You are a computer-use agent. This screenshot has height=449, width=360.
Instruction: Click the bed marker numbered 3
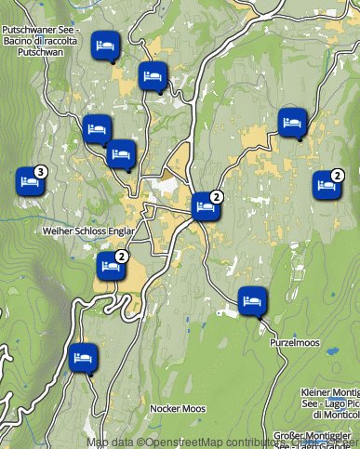[30, 181]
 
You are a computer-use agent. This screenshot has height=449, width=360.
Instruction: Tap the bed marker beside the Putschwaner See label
[105, 46]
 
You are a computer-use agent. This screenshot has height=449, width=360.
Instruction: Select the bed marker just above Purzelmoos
[252, 300]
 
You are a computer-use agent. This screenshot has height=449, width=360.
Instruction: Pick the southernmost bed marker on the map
[83, 357]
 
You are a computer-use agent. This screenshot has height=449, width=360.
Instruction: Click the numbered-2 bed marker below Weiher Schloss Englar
[111, 267]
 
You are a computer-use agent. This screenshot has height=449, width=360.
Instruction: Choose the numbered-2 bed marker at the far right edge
[327, 184]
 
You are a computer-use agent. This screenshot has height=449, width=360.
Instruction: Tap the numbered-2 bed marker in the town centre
[206, 206]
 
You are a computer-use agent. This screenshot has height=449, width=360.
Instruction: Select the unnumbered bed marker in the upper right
[293, 122]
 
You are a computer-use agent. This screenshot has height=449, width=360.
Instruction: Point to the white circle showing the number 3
[40, 172]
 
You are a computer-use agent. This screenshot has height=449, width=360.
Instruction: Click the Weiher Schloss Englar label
[88, 231]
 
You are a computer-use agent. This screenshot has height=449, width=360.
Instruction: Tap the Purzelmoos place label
[295, 342]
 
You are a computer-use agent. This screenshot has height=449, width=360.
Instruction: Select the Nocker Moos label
[178, 408]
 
